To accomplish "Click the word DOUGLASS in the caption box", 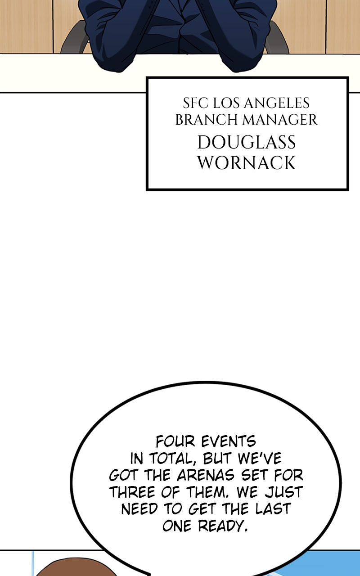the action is [x=246, y=142].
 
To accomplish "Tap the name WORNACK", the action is [x=246, y=162].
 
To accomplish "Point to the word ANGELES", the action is [x=277, y=103].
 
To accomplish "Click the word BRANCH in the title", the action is [x=206, y=120].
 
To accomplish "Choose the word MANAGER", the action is [x=280, y=120].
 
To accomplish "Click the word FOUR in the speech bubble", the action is [x=175, y=441].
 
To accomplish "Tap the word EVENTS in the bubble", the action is [x=229, y=441].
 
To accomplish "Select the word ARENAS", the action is [x=206, y=475].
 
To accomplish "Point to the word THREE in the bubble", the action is [x=132, y=492].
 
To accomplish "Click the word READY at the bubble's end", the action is [x=223, y=526].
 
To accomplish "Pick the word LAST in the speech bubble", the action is [x=273, y=509].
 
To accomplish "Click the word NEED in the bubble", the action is [x=139, y=509].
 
